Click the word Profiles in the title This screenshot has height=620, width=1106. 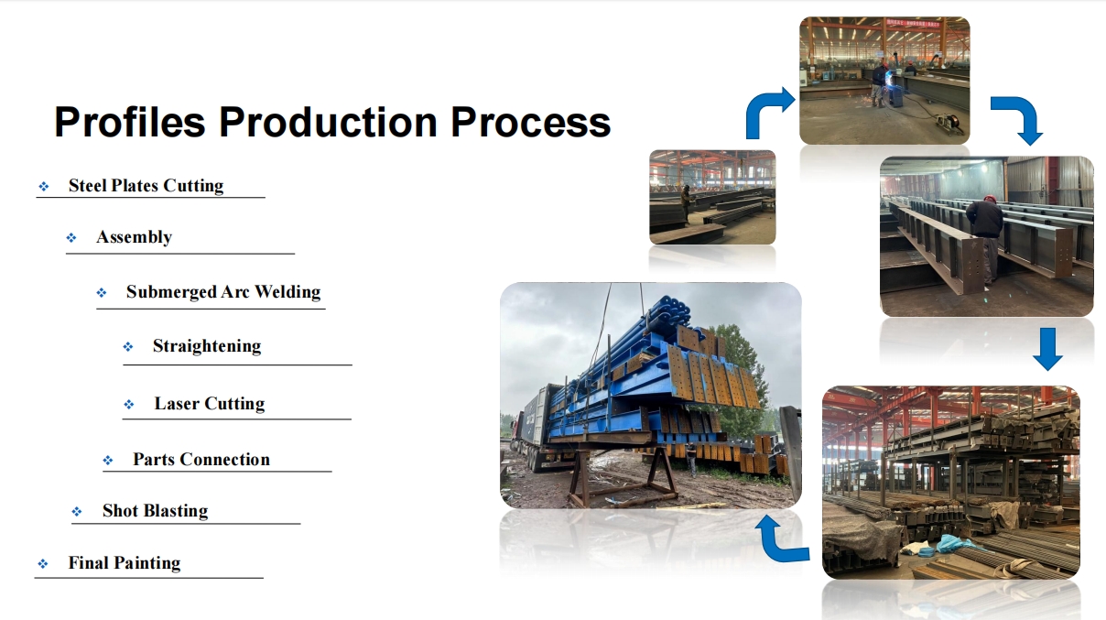tap(130, 122)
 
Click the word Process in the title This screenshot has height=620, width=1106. tap(531, 122)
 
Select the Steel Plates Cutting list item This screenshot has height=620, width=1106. tap(146, 186)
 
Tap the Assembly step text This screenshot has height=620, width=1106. tap(134, 237)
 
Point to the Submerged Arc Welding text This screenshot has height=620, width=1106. tap(223, 292)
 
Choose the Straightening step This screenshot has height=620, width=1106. tap(207, 346)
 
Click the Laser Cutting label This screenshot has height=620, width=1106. tap(210, 404)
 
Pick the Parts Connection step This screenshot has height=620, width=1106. tap(201, 460)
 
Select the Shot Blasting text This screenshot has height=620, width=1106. tap(155, 511)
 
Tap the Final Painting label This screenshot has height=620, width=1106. tap(125, 563)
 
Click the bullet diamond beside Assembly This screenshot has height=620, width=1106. tap(71, 238)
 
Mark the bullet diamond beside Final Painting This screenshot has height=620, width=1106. tap(43, 564)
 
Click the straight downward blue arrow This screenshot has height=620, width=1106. tap(1047, 349)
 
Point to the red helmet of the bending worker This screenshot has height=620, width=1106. tap(990, 199)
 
